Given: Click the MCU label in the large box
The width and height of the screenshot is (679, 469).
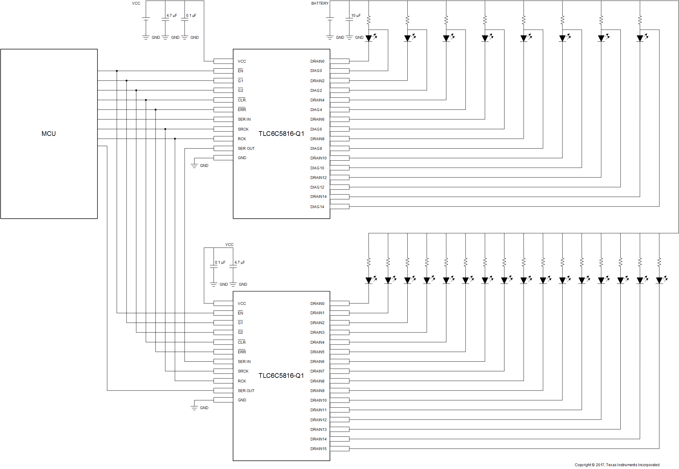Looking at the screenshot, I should click(x=49, y=134).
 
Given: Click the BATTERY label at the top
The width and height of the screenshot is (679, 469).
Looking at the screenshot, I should click(x=319, y=3).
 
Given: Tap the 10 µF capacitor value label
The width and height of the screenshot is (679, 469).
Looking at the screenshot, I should click(x=356, y=16).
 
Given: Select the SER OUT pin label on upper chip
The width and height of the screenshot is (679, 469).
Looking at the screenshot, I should click(x=246, y=149).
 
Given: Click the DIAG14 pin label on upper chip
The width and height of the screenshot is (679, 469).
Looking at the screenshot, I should click(x=317, y=207).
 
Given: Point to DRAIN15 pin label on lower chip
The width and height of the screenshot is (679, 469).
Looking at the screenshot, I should click(x=318, y=449).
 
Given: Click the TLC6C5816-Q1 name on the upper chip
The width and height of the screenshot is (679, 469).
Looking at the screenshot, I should click(x=281, y=134).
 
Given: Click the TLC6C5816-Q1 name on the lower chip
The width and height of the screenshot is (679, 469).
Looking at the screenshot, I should click(x=281, y=376).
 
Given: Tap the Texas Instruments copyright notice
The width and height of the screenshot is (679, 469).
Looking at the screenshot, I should click(x=617, y=465).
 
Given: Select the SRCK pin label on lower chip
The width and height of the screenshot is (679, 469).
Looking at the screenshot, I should click(x=243, y=371).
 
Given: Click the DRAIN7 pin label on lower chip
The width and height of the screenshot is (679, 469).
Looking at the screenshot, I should click(x=317, y=371).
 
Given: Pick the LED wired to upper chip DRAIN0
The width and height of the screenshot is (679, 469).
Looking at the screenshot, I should click(x=369, y=38).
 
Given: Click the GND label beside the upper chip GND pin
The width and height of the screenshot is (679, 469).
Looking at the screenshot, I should click(x=204, y=166).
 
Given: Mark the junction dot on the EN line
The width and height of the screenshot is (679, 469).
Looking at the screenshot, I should click(x=117, y=71).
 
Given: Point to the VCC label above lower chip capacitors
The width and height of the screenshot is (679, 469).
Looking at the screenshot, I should click(x=229, y=245).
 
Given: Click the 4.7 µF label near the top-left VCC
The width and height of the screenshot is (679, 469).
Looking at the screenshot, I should click(x=172, y=16).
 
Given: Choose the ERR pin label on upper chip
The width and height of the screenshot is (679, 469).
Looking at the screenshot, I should click(x=242, y=110).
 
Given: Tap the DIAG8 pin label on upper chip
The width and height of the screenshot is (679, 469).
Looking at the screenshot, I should click(x=316, y=149).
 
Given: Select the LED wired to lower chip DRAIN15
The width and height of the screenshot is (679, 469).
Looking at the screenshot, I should click(x=659, y=280).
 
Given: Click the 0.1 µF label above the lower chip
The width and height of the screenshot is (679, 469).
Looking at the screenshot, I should click(x=220, y=262).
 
